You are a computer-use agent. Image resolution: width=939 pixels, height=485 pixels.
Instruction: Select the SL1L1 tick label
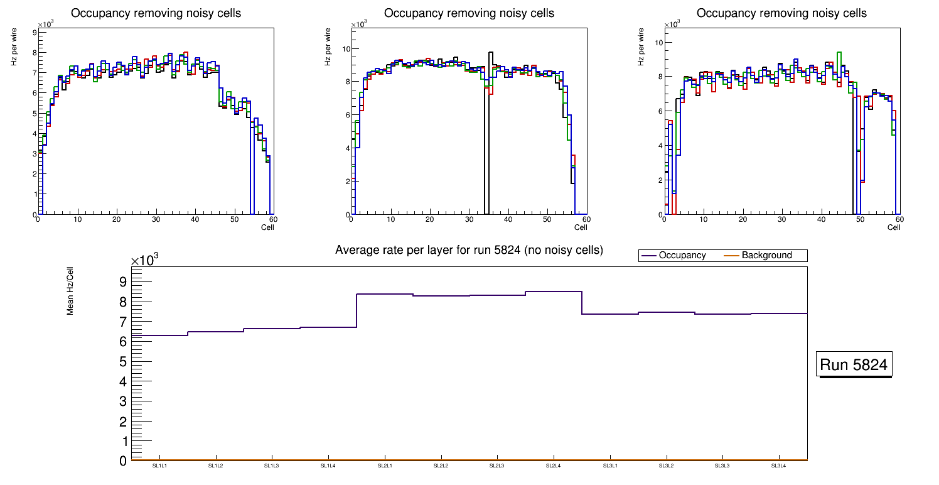tap(160, 466)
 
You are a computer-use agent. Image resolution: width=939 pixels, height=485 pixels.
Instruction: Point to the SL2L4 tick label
tap(554, 466)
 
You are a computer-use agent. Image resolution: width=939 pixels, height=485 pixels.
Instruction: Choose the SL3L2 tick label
tap(666, 466)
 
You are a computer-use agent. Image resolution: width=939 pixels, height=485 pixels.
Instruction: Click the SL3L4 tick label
tap(778, 466)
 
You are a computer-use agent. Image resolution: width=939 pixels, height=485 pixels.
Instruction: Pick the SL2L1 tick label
tap(385, 466)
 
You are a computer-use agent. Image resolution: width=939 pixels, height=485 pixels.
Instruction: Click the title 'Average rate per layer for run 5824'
tap(469, 250)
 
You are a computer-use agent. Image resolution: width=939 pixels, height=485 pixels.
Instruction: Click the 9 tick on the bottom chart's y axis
tap(124, 281)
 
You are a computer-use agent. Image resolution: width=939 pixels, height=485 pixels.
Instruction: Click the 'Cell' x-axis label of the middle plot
tap(581, 227)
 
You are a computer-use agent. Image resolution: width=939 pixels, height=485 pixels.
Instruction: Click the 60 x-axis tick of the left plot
tap(273, 219)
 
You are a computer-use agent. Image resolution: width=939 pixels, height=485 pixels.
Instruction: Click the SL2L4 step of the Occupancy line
tap(554, 292)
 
